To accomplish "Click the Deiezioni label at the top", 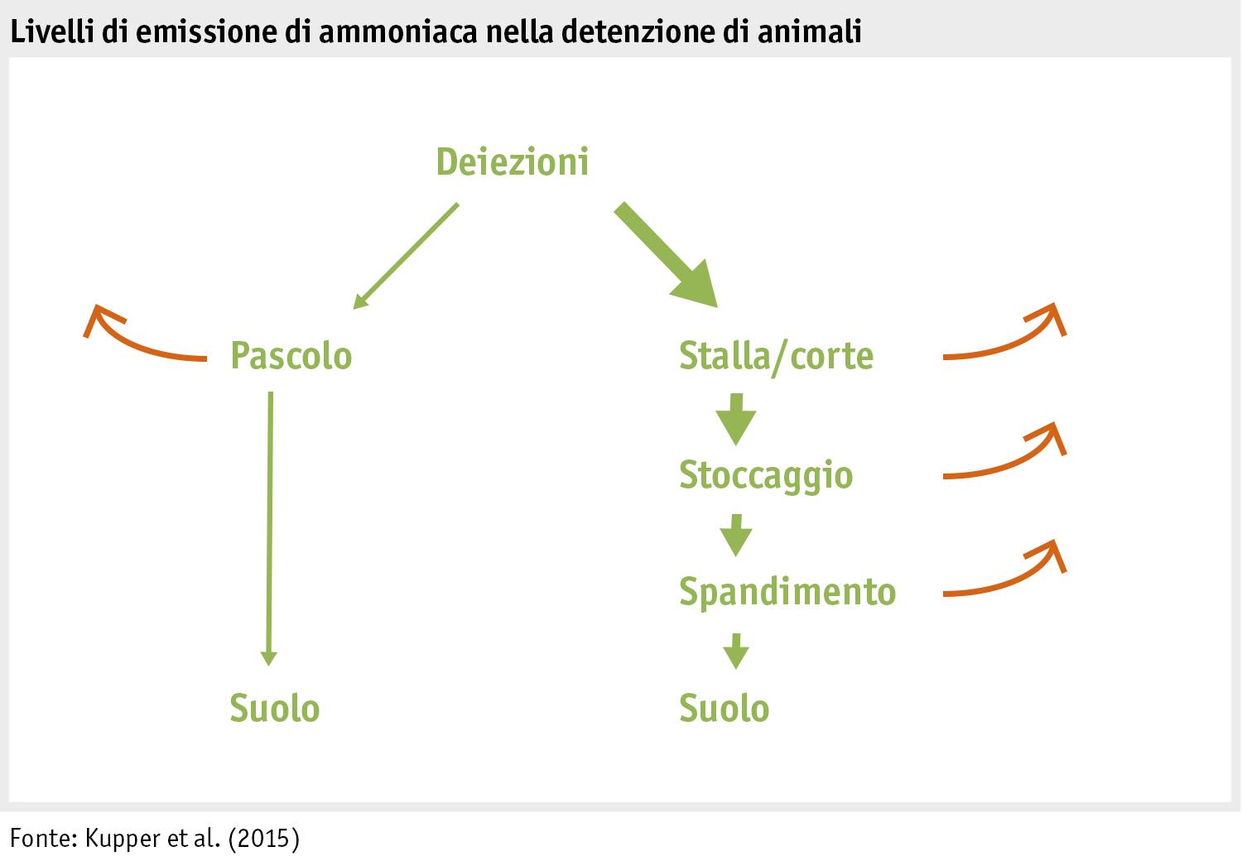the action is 512,161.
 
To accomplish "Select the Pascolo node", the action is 291,356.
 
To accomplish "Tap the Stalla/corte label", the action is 776,356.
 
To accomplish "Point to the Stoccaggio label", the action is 766,475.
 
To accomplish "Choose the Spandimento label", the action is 787,592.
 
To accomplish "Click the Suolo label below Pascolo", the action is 274,709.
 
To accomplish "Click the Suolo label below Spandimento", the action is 724,709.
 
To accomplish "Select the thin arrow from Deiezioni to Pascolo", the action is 406,256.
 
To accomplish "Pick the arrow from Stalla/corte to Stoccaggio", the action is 735,419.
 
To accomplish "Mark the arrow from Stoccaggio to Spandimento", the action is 735,535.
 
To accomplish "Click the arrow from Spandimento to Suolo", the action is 735,651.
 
